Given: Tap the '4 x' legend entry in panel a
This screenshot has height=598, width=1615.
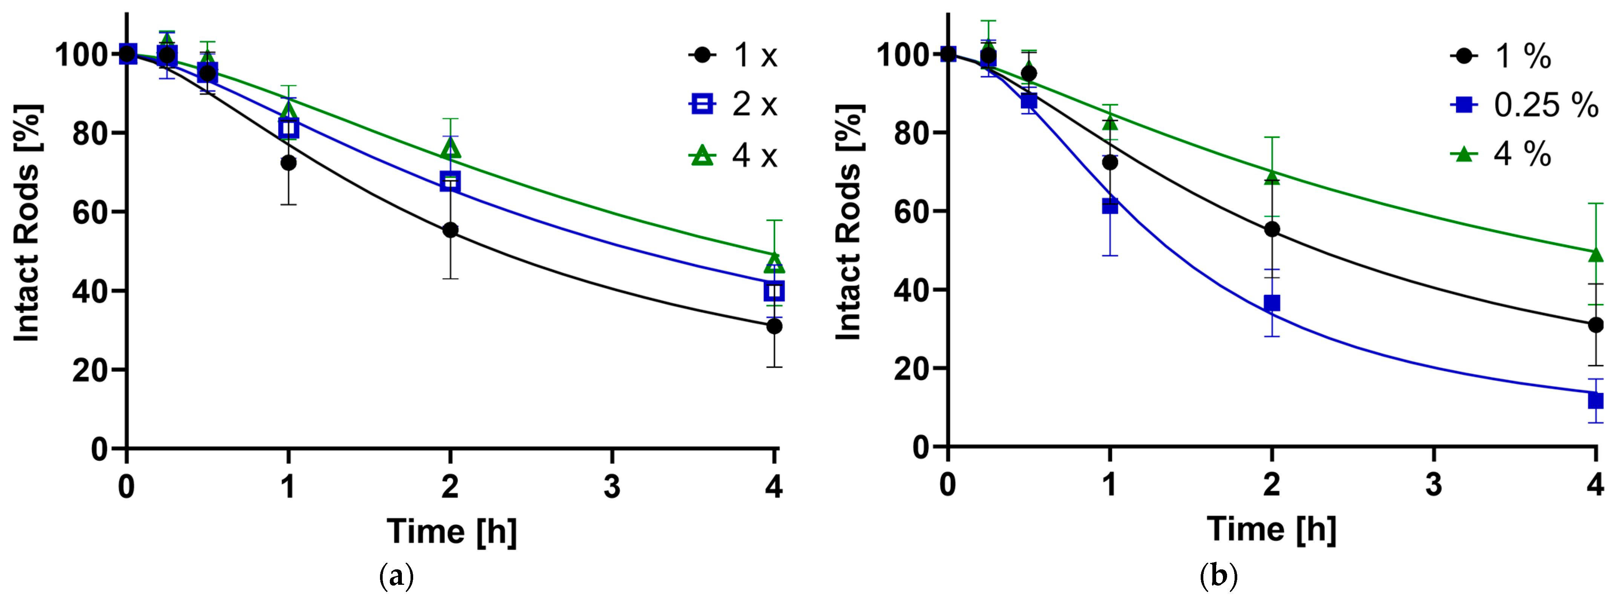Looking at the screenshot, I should click(734, 155).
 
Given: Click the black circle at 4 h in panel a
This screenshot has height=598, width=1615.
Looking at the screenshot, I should click(774, 326).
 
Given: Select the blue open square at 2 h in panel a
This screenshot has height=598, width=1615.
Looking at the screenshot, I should click(450, 182).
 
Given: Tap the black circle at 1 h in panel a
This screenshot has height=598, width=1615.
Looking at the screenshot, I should click(288, 163).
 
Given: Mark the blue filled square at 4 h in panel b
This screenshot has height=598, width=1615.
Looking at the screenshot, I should click(1595, 400).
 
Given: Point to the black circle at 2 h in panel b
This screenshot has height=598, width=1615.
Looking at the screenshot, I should click(1272, 229).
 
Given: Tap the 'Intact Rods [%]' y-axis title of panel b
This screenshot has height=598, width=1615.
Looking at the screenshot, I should click(849, 222).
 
